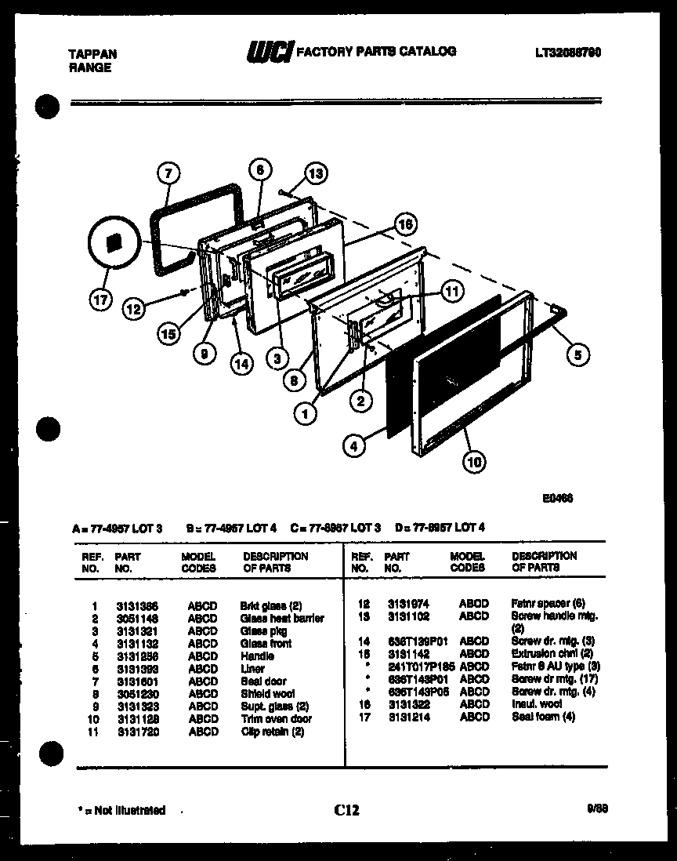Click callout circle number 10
473,462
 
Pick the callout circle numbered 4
353,447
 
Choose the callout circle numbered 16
404,225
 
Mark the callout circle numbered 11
450,291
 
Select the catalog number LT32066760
568,52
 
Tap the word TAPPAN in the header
89,54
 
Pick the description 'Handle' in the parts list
257,656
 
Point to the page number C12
346,810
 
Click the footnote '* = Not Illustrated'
122,810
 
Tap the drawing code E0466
556,497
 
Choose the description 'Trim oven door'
275,719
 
